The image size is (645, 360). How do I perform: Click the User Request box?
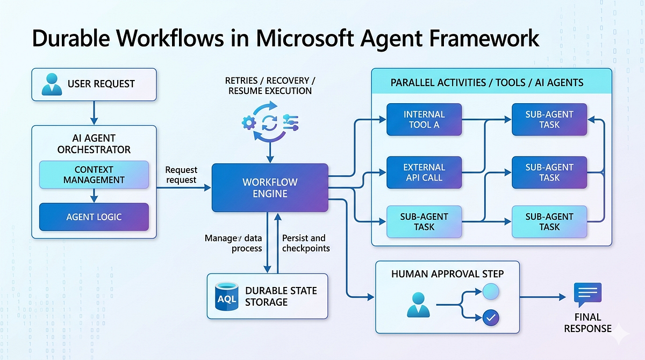pyautogui.click(x=94, y=84)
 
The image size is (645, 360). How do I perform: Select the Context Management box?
pyautogui.click(x=94, y=175)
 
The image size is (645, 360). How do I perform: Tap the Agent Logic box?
pyautogui.click(x=94, y=217)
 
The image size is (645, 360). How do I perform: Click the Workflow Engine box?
pyautogui.click(x=270, y=188)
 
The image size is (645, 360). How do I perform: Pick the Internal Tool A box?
pyautogui.click(x=424, y=119)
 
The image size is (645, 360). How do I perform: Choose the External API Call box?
pyautogui.click(x=424, y=172)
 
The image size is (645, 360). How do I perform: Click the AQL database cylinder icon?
pyautogui.click(x=227, y=297)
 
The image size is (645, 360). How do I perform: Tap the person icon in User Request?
pyautogui.click(x=52, y=84)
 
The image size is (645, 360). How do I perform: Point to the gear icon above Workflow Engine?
pyautogui.click(x=249, y=123)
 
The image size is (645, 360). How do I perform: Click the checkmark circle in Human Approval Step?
pyautogui.click(x=491, y=318)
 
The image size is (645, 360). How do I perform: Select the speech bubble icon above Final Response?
pyautogui.click(x=587, y=294)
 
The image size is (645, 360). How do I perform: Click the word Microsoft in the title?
pyautogui.click(x=305, y=38)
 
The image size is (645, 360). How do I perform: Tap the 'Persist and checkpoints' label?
pyautogui.click(x=306, y=243)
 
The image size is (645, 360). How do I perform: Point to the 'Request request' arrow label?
pyautogui.click(x=181, y=175)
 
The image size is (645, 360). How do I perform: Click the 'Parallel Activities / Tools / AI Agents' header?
pyautogui.click(x=487, y=83)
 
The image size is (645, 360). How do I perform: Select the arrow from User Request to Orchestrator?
pyautogui.click(x=94, y=113)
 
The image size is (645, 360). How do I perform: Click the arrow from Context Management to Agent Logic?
pyautogui.click(x=94, y=196)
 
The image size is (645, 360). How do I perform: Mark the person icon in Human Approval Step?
pyautogui.click(x=418, y=305)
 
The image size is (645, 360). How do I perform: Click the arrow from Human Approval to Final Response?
pyautogui.click(x=543, y=297)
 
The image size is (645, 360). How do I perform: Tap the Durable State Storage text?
pyautogui.click(x=281, y=297)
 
